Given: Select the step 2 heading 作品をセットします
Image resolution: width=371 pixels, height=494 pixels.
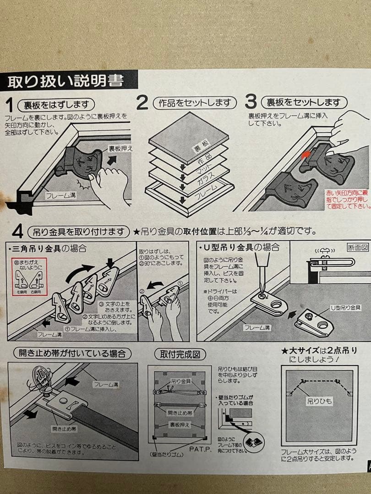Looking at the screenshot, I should pyautogui.click(x=194, y=102).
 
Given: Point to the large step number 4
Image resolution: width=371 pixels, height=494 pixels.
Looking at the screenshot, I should pyautogui.click(x=17, y=232).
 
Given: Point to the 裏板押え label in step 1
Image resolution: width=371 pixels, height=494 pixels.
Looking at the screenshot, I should pyautogui.click(x=120, y=148).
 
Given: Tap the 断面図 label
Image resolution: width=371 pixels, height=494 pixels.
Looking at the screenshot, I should pyautogui.click(x=357, y=248).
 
